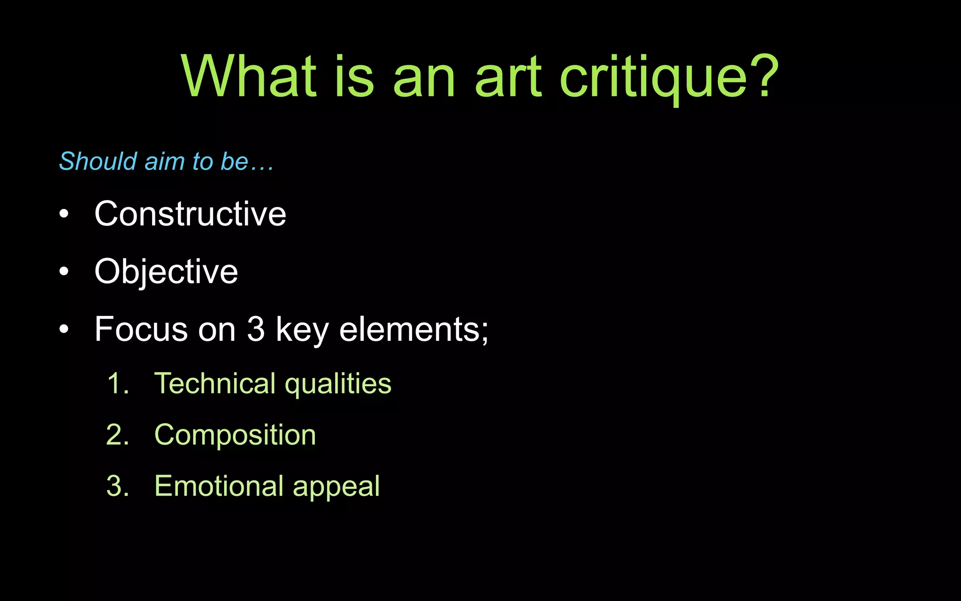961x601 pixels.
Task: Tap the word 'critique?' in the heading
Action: [669, 77]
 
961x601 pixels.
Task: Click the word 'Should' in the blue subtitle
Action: [98, 162]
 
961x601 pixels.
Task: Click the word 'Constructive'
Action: [190, 214]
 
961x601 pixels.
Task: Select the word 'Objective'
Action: [166, 272]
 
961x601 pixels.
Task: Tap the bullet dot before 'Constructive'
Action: [64, 215]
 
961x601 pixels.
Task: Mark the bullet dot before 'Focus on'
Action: [64, 329]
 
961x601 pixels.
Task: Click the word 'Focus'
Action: [141, 329]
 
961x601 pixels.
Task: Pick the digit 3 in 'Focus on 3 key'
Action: [256, 329]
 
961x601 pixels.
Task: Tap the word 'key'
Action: [302, 330]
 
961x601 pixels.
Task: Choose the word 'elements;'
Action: [413, 329]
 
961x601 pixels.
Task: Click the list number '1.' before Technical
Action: [118, 384]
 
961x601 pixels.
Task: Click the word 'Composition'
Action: [235, 435]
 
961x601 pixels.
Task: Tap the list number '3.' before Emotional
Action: [118, 486]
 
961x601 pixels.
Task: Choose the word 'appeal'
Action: [336, 487]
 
